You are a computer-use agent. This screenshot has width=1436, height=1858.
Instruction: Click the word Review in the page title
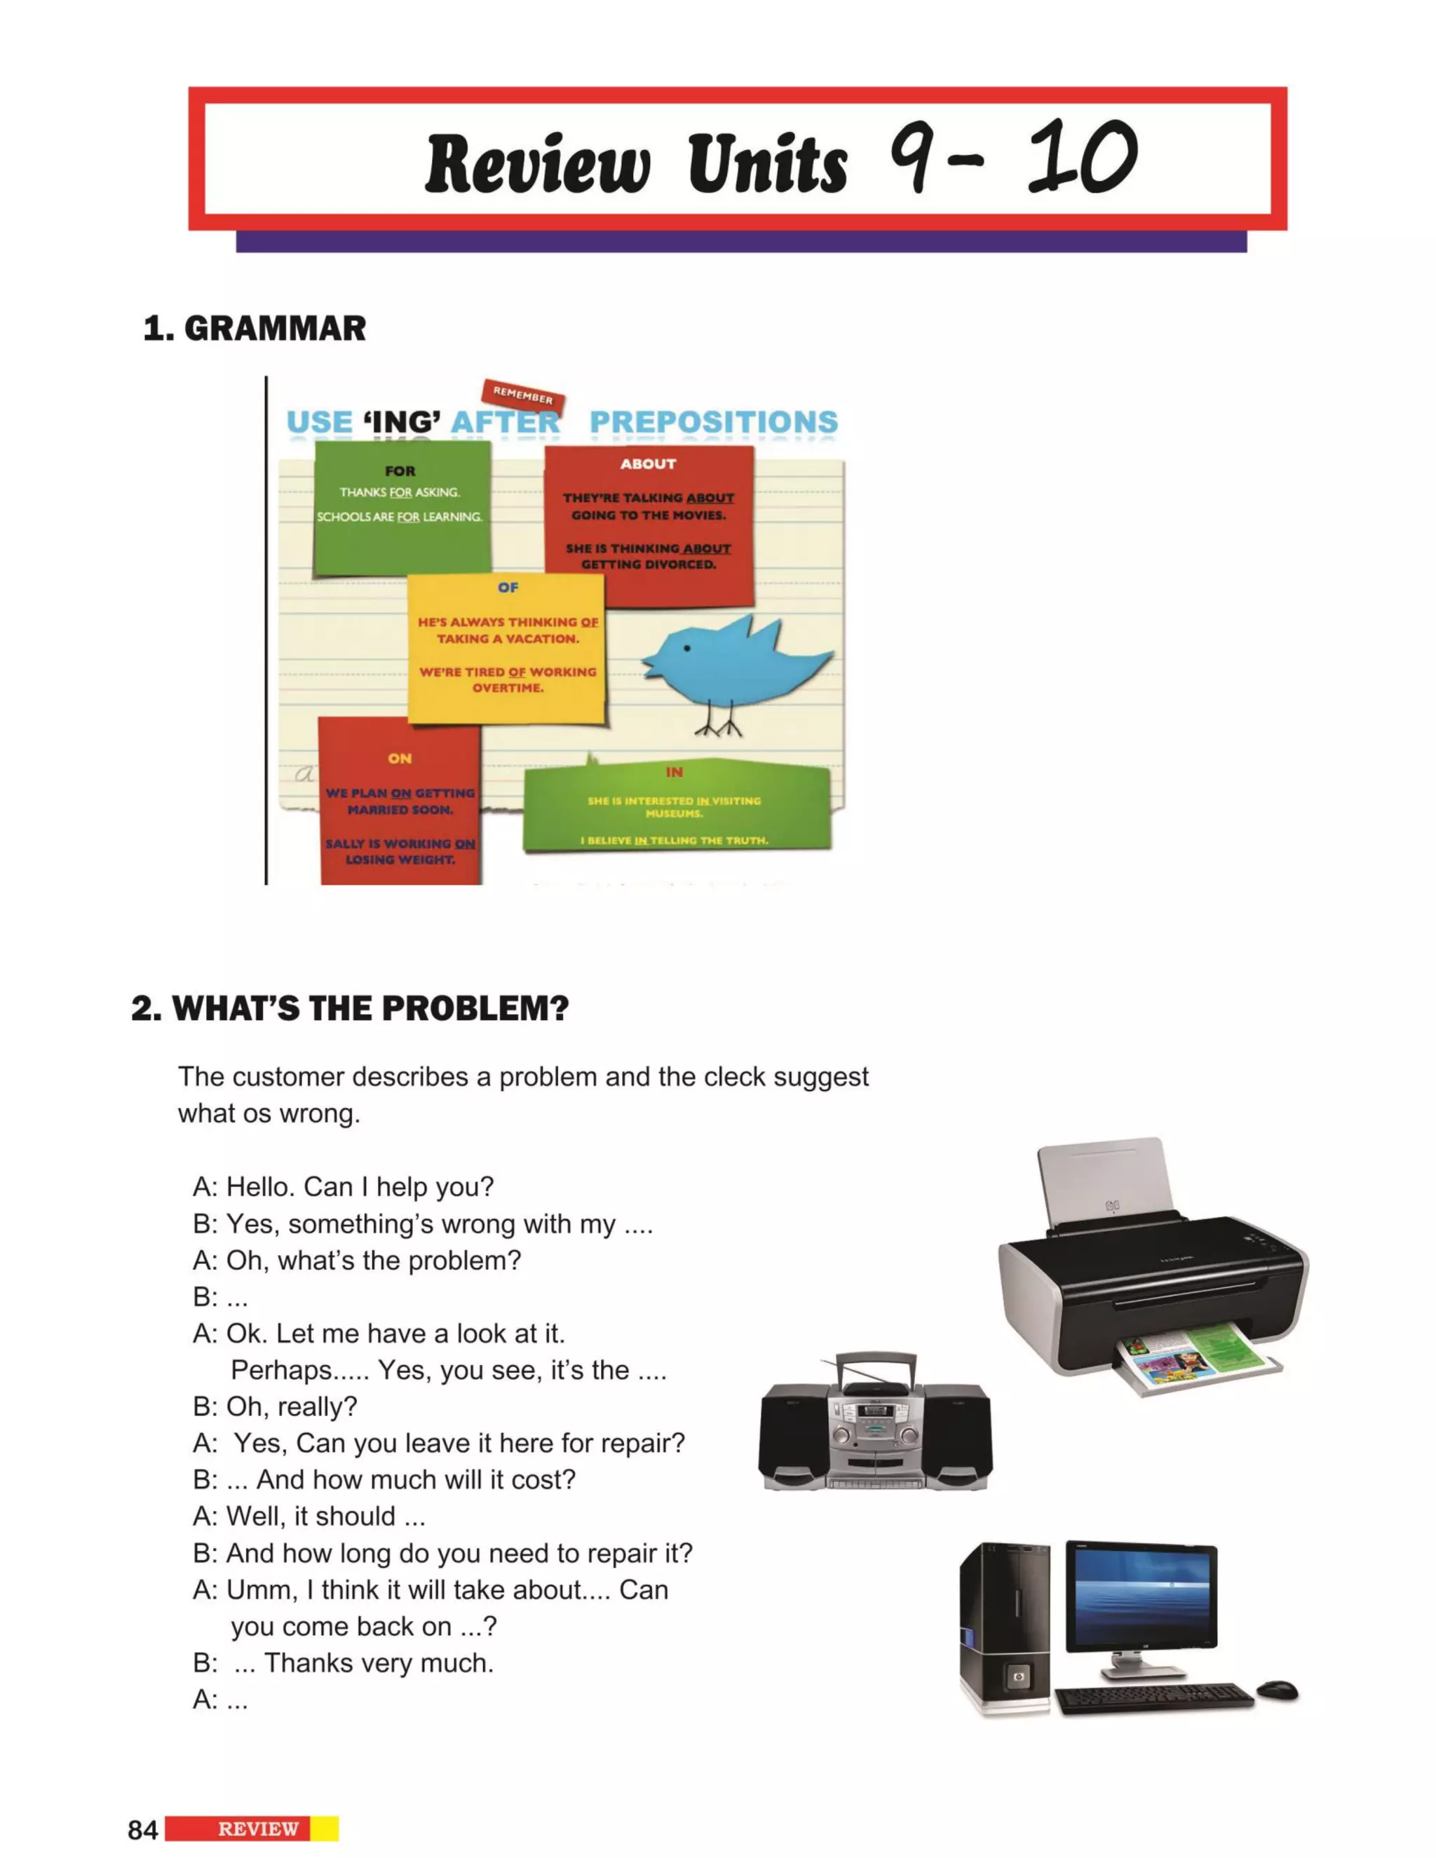(x=538, y=163)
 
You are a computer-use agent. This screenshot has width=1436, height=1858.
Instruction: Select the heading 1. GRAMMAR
(x=255, y=328)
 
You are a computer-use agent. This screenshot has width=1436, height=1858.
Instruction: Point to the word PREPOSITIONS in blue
(x=713, y=422)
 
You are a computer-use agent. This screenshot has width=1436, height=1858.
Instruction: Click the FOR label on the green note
(x=400, y=470)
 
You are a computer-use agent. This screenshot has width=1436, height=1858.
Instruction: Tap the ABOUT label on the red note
(x=649, y=463)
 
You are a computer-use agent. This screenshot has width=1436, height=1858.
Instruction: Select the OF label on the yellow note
(x=508, y=587)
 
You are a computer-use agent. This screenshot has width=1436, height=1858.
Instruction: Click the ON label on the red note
(x=400, y=758)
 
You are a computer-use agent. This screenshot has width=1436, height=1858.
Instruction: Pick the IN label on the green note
(x=674, y=772)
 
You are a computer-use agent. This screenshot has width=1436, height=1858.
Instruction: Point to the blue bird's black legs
(x=718, y=723)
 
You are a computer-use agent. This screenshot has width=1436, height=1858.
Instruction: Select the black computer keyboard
(x=1153, y=1695)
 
